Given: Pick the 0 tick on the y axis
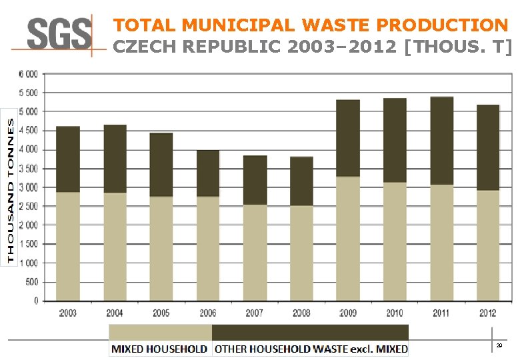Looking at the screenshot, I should pos(35,301).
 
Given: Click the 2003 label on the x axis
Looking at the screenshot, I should pos(67,313).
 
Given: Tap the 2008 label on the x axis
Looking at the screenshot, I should pos(301,313).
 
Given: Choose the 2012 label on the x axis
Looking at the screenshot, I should pos(488,313).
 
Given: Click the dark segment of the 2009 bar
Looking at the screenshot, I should pos(348,138).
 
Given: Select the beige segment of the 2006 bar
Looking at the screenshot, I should pos(208,248).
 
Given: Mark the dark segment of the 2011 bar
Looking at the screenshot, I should pos(441,141).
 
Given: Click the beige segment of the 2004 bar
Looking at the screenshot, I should pos(115,247).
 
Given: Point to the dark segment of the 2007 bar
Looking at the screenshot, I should pos(255,180).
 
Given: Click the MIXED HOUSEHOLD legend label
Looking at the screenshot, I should pos(159,349).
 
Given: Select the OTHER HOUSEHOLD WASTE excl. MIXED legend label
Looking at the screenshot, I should pos(311,349).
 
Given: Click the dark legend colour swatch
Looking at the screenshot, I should pos(310,333).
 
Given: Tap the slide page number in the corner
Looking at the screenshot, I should pos(499,345).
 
